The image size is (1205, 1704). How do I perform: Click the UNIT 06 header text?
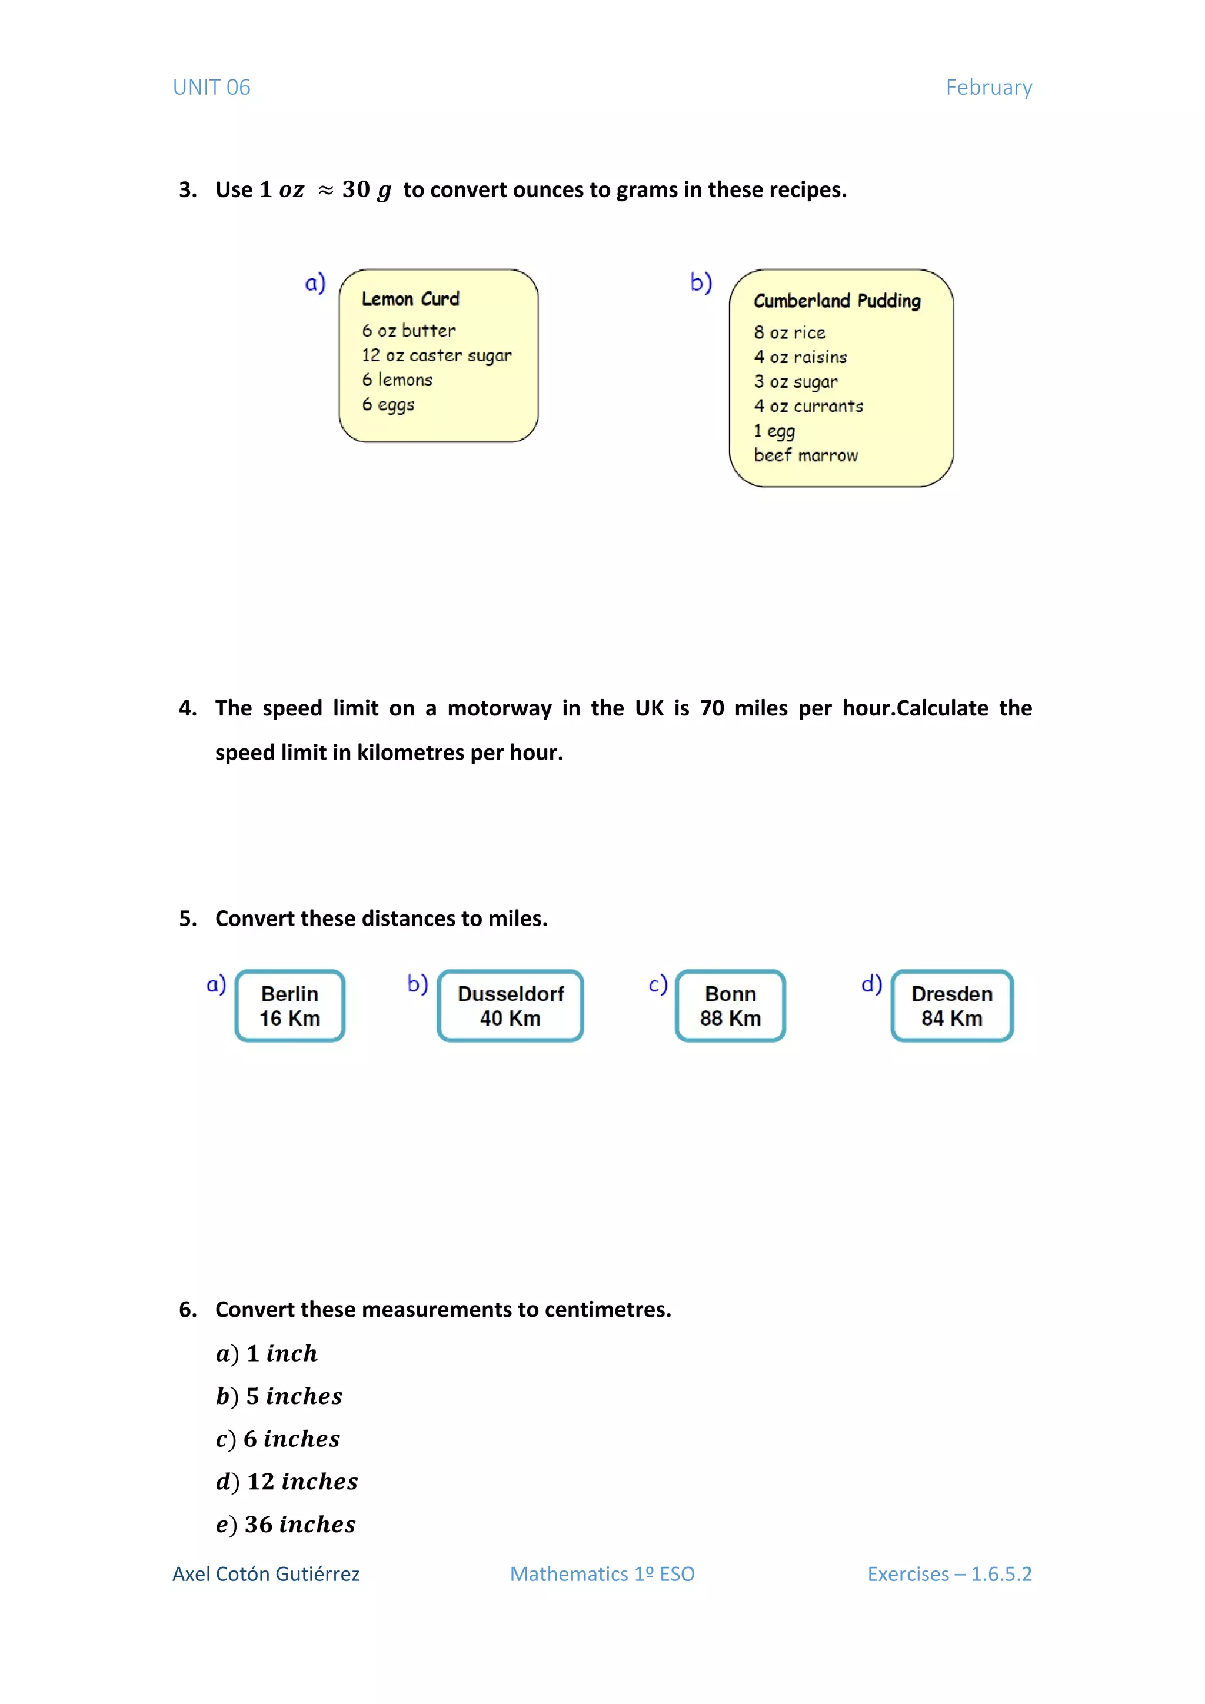click(211, 88)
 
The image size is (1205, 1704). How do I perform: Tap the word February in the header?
click(988, 88)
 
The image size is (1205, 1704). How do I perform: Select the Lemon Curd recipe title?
click(410, 299)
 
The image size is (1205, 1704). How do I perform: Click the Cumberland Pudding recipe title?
click(837, 301)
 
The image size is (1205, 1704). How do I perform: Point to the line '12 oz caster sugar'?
click(437, 355)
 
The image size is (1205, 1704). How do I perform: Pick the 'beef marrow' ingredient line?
click(806, 455)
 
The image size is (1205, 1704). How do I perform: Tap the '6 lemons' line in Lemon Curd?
click(397, 380)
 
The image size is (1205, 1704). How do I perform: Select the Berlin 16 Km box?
click(290, 1006)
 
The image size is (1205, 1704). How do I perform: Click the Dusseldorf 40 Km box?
click(511, 1006)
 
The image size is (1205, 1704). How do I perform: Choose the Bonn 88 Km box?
click(730, 1006)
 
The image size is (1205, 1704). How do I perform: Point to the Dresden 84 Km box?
click(952, 1006)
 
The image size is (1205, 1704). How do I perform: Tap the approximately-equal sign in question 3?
click(325, 191)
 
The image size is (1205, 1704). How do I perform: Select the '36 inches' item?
click(299, 1525)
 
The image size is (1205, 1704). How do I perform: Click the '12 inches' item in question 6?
click(302, 1482)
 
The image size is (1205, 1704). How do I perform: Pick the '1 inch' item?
click(282, 1354)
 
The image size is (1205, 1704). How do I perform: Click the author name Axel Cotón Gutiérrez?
click(265, 1574)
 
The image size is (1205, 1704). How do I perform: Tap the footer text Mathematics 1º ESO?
click(602, 1574)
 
